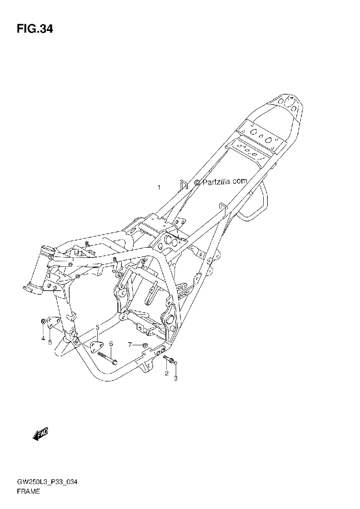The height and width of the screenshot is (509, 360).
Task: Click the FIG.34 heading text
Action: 35,29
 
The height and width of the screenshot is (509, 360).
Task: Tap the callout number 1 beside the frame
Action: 159,187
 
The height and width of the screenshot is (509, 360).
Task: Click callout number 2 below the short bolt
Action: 166,373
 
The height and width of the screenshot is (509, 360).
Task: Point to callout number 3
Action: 176,378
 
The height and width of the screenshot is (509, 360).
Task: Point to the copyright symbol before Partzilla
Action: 197,182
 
